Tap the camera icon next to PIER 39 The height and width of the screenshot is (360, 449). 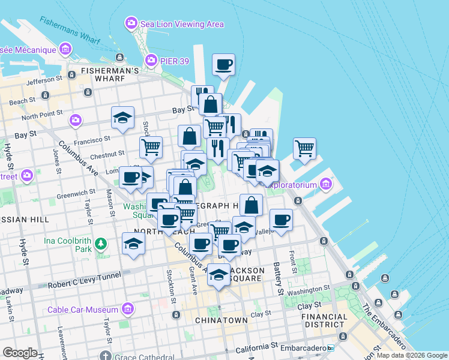149,60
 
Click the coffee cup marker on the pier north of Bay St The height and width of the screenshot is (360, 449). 223,65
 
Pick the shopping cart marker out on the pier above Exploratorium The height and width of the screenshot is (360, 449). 305,148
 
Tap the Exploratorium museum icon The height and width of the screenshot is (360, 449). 326,183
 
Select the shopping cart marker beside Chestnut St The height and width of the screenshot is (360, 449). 151,146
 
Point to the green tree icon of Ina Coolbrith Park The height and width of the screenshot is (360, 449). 101,244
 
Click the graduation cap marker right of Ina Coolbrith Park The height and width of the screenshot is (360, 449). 133,244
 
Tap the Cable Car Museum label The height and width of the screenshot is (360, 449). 84,310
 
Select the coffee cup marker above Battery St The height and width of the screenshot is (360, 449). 280,220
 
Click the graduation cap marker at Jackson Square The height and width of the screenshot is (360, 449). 218,275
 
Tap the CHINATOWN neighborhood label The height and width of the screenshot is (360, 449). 221,320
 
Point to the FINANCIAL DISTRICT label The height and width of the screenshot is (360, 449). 324,320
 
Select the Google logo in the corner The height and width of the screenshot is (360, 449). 20,353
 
